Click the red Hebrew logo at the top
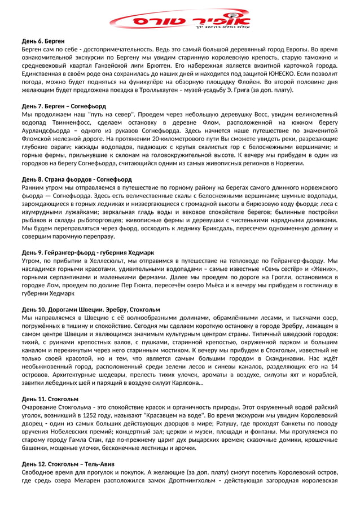180,20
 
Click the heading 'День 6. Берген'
43,41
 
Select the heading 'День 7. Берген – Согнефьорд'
64,106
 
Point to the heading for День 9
87,253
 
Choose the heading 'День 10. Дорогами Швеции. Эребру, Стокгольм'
91,310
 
